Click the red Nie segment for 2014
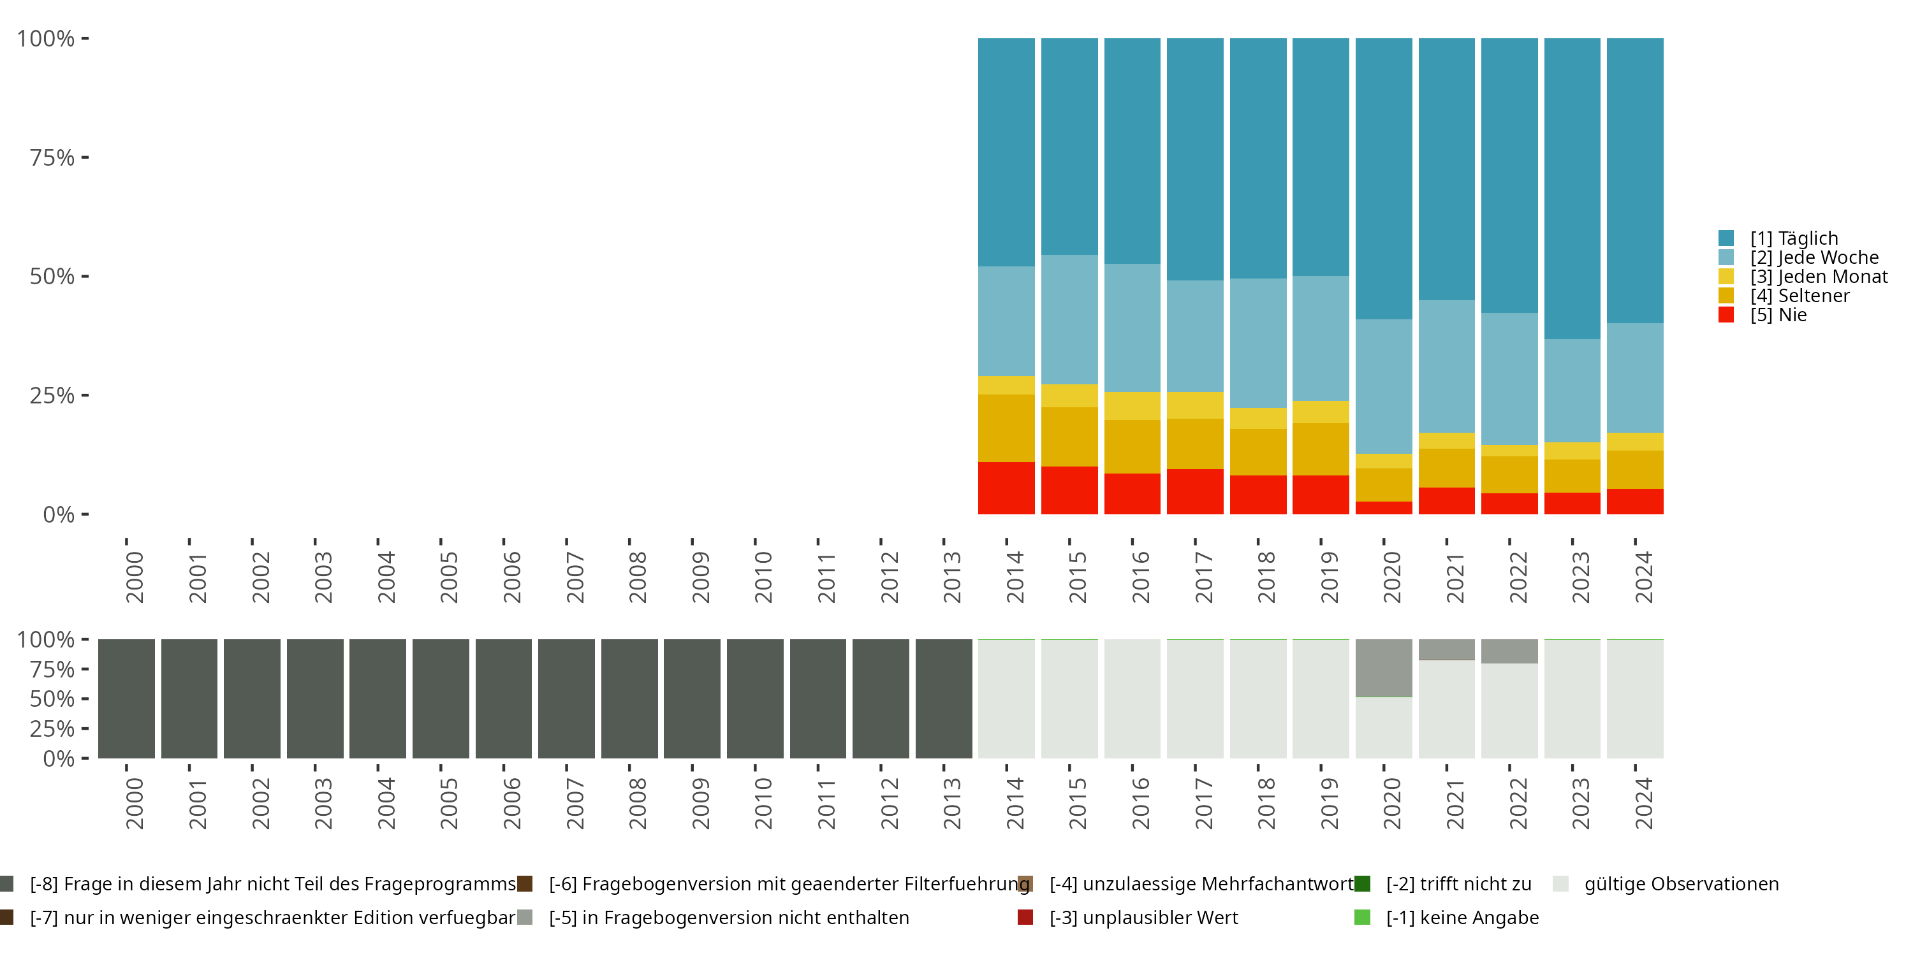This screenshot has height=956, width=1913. coord(1006,488)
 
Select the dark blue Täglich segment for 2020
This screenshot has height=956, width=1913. coord(1384,178)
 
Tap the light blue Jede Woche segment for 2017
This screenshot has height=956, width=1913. coord(1195,335)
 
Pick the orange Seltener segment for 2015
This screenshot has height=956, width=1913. coord(1069,437)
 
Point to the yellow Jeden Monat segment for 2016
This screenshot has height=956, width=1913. coord(1132,405)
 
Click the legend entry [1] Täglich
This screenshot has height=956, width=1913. coord(1792,238)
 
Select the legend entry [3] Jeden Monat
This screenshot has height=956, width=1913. coord(1817,277)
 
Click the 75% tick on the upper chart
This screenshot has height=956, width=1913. coord(52,157)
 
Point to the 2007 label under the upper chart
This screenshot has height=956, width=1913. coord(575,577)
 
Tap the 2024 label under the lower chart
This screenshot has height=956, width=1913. coord(1643,803)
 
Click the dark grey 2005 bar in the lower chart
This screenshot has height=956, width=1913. coord(441,699)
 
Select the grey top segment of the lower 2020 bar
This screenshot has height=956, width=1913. coord(1384,667)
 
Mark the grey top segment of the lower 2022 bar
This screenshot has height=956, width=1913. coord(1509,651)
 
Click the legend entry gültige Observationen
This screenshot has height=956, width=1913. coord(1680,884)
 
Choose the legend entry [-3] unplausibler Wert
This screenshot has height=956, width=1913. coord(1143,917)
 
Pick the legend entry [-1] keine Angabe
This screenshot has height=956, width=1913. coord(1462,917)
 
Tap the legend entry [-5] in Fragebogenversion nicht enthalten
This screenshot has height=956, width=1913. coord(728,917)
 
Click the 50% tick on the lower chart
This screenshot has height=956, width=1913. coord(52,699)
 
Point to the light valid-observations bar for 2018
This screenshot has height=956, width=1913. coord(1258,699)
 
